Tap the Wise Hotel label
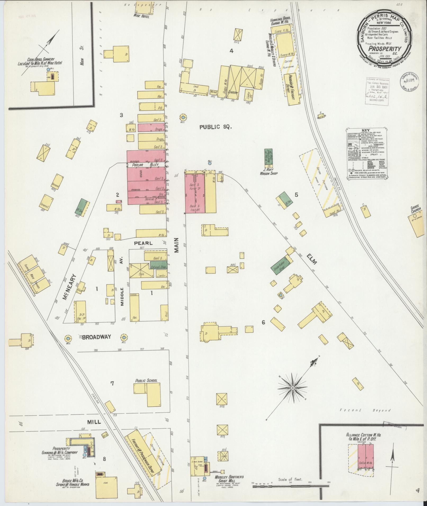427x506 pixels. (x=142, y=16)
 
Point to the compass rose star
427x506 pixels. (x=293, y=388)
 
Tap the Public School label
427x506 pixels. (x=146, y=380)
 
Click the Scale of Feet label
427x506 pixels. (x=290, y=479)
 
